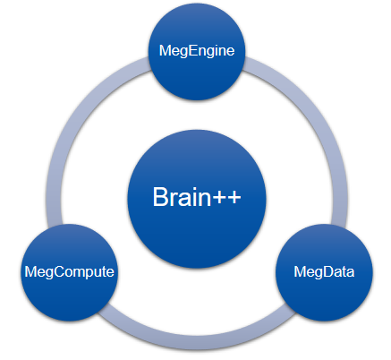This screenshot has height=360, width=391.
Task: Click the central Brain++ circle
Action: pyautogui.click(x=197, y=199)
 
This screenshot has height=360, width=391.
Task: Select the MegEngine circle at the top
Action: pyautogui.click(x=197, y=51)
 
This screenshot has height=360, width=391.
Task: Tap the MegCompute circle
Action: pyautogui.click(x=70, y=272)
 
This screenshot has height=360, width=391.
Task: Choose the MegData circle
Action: pyautogui.click(x=324, y=272)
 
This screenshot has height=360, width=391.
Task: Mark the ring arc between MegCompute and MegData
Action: pyautogui.click(x=197, y=343)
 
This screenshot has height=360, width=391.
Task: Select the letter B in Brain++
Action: pyautogui.click(x=161, y=196)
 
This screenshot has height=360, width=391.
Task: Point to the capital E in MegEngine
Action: pyautogui.click(x=184, y=50)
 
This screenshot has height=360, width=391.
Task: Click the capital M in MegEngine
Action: pyautogui.click(x=165, y=50)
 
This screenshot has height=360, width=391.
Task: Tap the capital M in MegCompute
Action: pyautogui.click(x=30, y=271)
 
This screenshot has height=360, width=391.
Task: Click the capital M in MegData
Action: pyautogui.click(x=300, y=271)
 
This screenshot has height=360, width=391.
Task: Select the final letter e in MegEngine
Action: pyautogui.click(x=230, y=52)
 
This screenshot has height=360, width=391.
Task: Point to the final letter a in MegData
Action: pyautogui.click(x=350, y=273)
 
